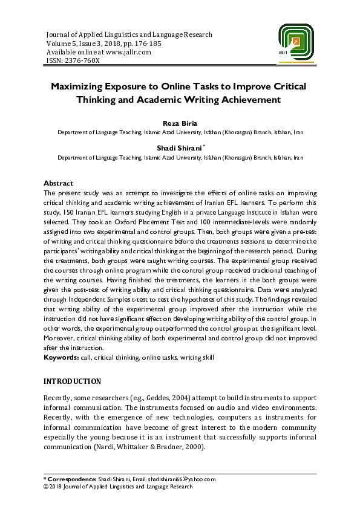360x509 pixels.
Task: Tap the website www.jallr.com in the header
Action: (128, 52)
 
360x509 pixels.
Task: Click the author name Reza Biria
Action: (180, 123)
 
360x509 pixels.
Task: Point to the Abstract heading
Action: (58, 183)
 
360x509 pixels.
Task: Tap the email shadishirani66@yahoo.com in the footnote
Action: (181, 479)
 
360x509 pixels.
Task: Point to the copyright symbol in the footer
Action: (46, 487)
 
